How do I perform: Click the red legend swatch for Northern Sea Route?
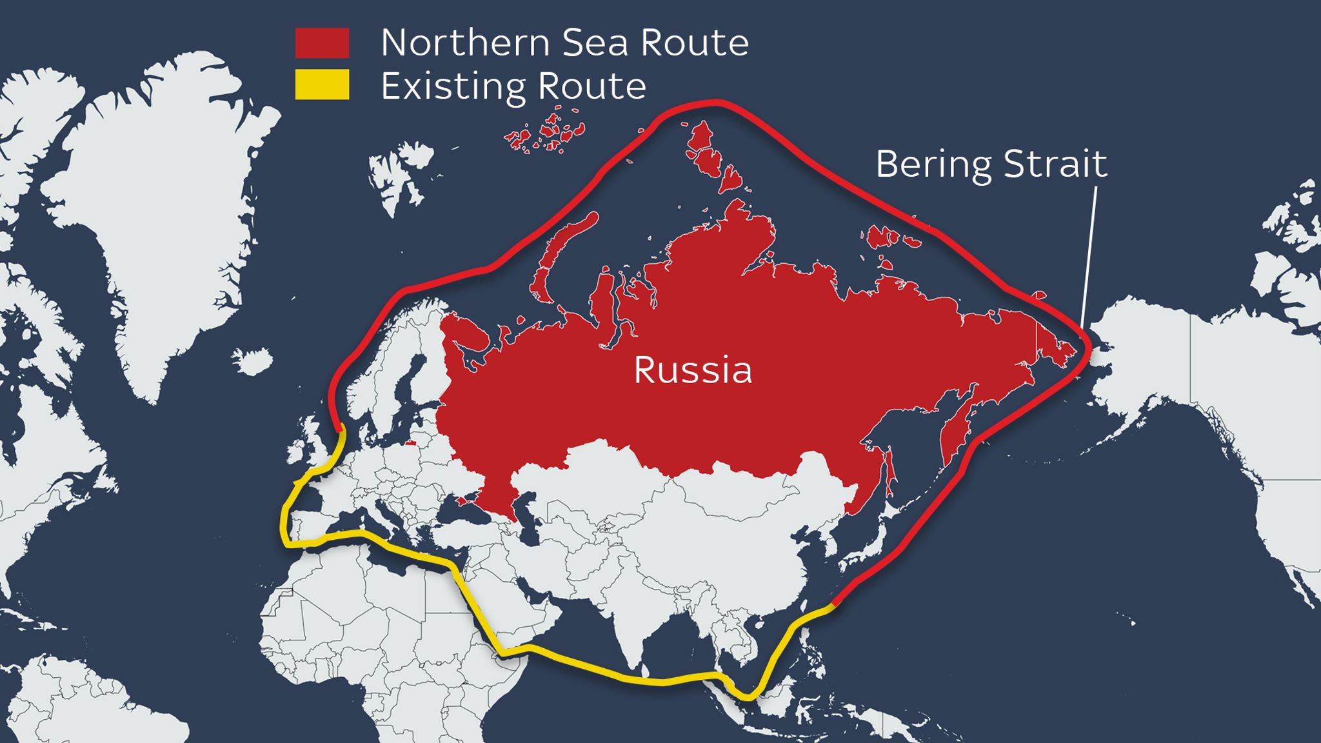tap(322, 43)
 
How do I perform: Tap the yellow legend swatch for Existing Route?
tap(322, 84)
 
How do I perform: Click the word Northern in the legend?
tap(465, 43)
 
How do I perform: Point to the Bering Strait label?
tap(991, 164)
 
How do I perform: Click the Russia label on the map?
tap(693, 370)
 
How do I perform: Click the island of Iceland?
tap(253, 360)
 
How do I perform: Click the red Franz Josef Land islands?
tap(545, 132)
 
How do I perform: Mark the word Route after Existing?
tap(591, 86)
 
